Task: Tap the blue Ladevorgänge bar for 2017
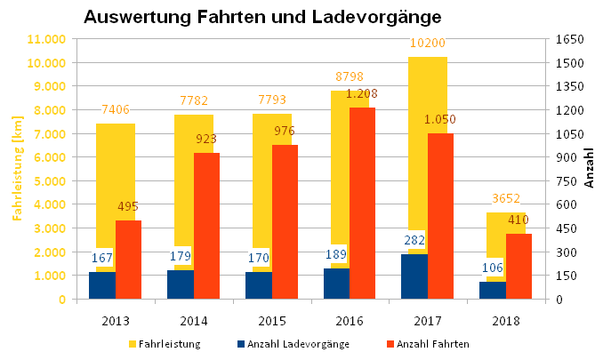414,276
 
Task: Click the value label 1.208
363,93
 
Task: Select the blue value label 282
414,240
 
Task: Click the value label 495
128,206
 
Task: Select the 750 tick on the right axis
565,180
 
